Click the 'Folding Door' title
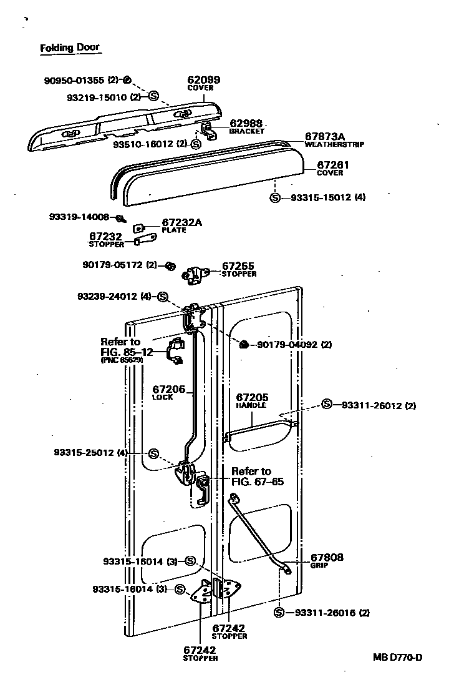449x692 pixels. point(69,47)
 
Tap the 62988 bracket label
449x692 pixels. point(246,123)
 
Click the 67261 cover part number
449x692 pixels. point(333,165)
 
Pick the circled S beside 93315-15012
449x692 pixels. point(275,198)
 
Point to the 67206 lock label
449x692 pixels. point(168,389)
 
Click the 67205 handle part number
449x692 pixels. point(251,397)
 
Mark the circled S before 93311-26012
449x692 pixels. point(327,405)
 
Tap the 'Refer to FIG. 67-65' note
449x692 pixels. point(251,476)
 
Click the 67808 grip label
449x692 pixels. point(327,557)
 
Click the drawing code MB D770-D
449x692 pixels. point(398,657)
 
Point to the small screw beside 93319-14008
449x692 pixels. point(121,218)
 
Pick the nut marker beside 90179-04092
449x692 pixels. point(245,344)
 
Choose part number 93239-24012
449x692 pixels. point(99,295)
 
